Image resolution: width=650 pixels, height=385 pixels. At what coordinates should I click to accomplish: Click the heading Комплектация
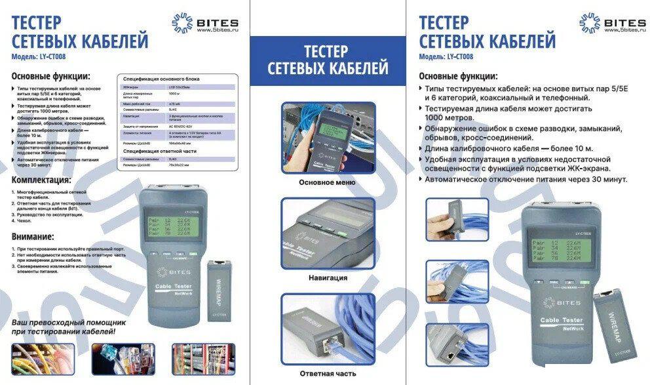pos(41,180)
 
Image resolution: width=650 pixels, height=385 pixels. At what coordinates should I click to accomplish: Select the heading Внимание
pos(33,237)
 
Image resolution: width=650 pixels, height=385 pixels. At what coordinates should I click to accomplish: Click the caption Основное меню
pos(327,182)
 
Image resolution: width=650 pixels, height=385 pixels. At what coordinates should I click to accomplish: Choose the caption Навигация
pos(327,277)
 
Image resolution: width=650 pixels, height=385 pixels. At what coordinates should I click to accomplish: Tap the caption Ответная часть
pos(327,373)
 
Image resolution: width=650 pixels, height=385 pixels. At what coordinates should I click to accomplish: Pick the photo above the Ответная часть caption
pos(327,328)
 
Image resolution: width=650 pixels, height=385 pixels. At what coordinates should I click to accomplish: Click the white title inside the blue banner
pos(327,59)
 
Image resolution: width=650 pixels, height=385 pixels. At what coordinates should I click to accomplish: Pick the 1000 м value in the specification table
pos(173,96)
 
